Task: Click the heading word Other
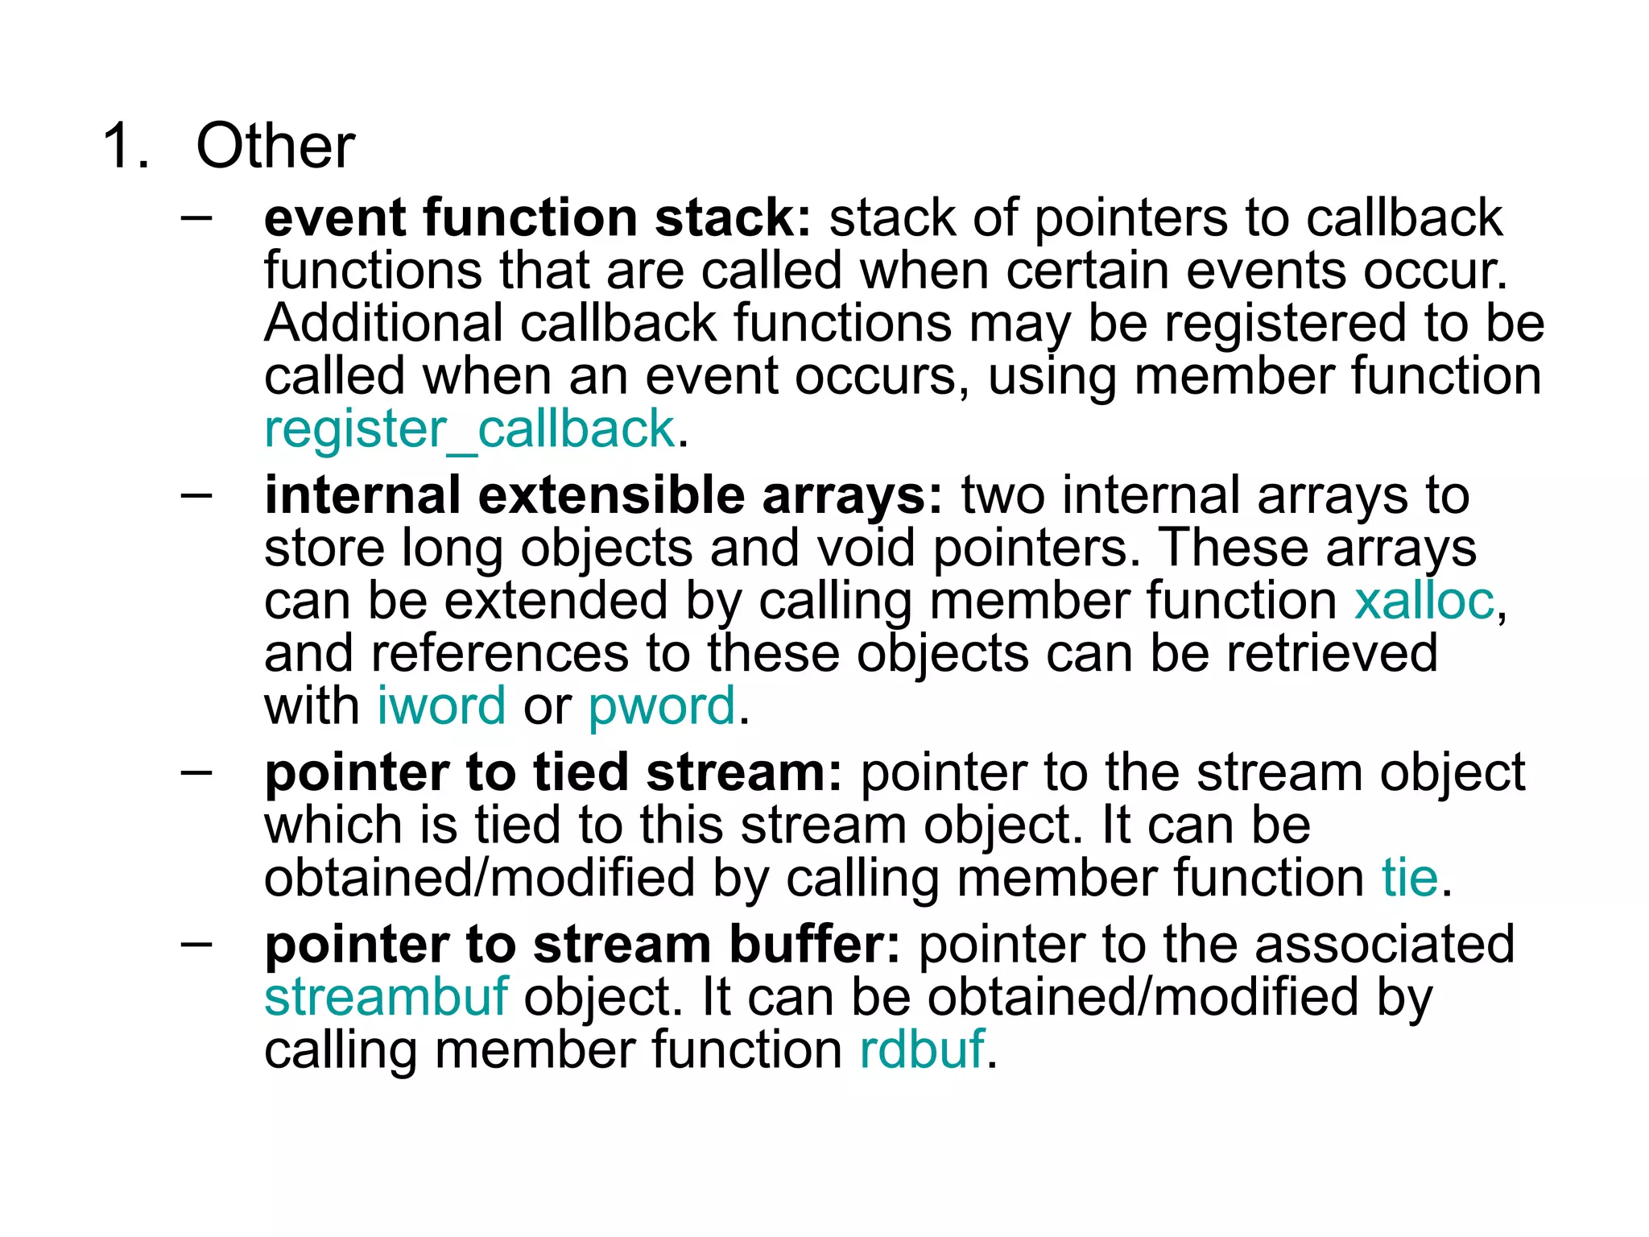[x=275, y=147]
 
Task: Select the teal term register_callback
[x=469, y=429]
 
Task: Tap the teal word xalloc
[x=1424, y=601]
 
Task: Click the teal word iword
[x=441, y=706]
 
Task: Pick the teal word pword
[x=662, y=706]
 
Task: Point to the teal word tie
[x=1410, y=878]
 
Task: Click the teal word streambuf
[x=386, y=997]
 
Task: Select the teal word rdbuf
[x=922, y=1050]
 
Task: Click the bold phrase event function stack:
[x=538, y=218]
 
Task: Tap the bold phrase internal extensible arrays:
[x=603, y=495]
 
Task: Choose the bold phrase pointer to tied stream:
[x=553, y=772]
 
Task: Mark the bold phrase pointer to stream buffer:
[x=582, y=945]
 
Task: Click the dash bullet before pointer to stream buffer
[x=196, y=943]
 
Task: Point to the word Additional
[x=383, y=324]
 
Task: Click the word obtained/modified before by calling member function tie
[x=479, y=878]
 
